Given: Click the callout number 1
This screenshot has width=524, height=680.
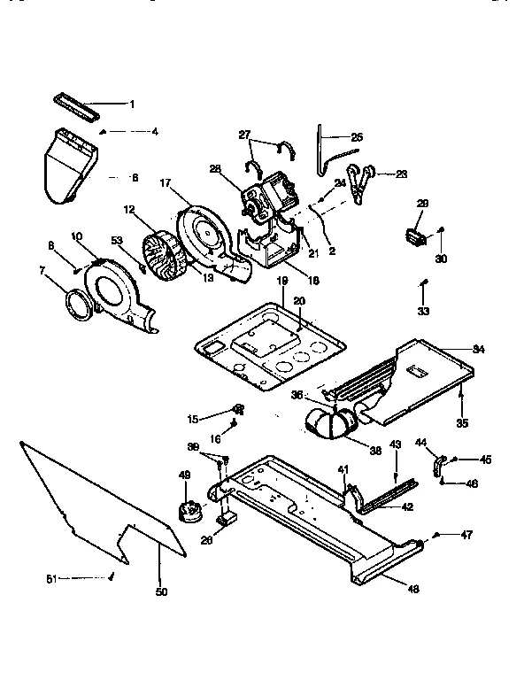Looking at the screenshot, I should (132, 104).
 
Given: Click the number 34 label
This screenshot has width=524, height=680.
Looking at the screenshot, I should (479, 351).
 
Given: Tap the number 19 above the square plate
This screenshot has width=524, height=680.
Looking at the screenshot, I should (281, 280).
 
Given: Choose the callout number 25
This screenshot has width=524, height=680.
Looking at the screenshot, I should (357, 137).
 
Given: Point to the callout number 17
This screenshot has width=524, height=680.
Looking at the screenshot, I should (165, 183).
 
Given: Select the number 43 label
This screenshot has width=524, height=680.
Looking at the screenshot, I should (396, 444).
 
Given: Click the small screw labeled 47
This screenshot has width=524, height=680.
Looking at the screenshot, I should (437, 536).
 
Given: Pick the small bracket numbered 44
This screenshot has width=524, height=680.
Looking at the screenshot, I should (438, 463).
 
